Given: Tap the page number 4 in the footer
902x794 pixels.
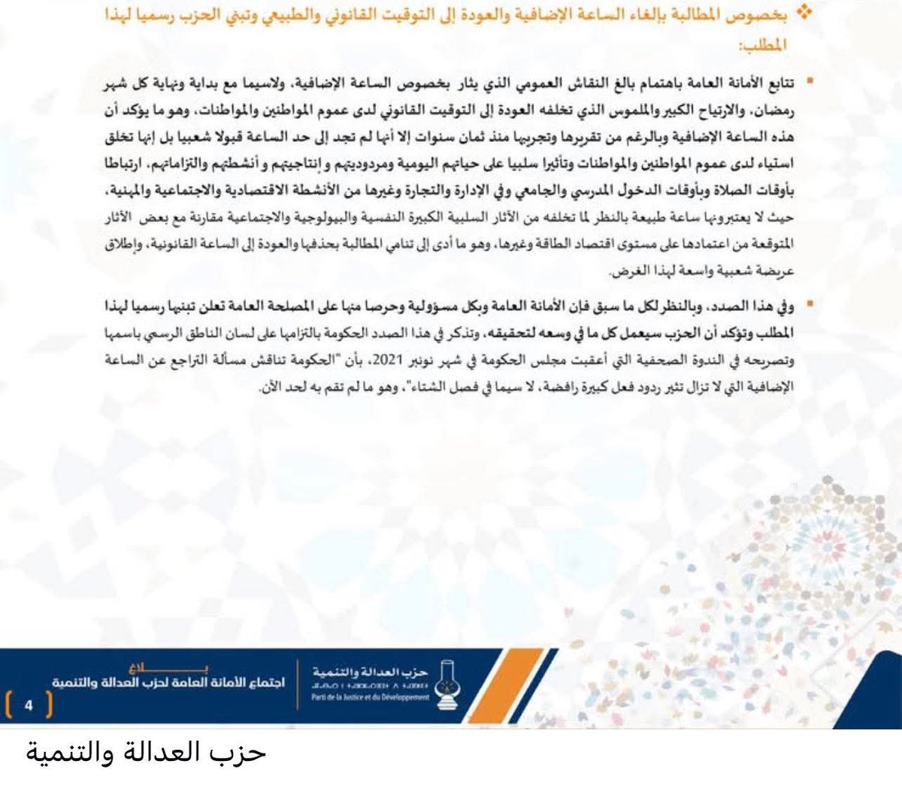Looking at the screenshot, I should (x=29, y=705).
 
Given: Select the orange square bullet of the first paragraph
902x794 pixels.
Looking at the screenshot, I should (x=810, y=79).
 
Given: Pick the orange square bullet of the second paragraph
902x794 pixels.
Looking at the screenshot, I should (x=810, y=306).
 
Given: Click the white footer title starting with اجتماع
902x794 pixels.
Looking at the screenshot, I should (x=168, y=683).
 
